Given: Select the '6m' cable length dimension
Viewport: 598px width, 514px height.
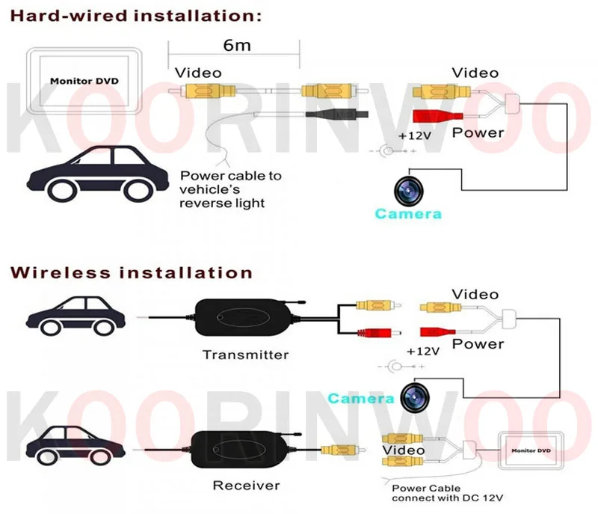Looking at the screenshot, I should coord(233,46).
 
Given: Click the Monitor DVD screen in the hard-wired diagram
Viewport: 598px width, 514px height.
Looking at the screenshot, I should coord(84,81).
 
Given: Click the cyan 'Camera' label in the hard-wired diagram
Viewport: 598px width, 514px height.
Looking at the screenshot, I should coord(408,214).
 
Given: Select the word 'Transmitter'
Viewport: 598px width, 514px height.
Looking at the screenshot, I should coord(245,354).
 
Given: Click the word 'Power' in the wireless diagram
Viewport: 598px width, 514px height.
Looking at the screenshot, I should coord(478,344).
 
